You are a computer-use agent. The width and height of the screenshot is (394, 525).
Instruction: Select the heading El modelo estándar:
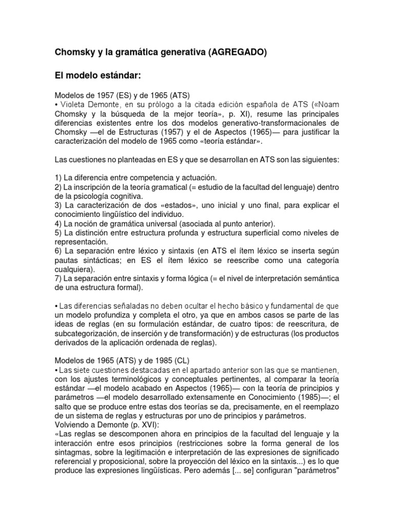coord(97,76)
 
